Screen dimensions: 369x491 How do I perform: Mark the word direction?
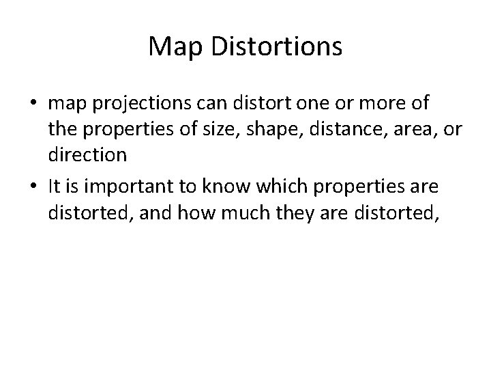tap(87, 155)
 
